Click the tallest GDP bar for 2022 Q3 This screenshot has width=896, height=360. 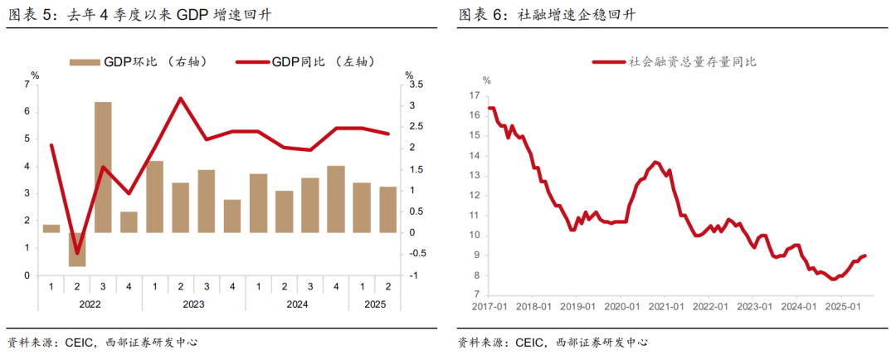tap(103, 166)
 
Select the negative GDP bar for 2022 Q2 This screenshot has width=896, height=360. tap(77, 249)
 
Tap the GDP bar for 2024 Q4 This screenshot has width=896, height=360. tap(336, 199)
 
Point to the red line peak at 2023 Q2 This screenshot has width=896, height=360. tap(180, 98)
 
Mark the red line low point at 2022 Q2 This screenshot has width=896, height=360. tap(77, 254)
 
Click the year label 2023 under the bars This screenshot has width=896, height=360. tap(193, 304)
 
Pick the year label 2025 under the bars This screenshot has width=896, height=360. tap(374, 304)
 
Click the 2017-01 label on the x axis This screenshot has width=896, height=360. tap(489, 306)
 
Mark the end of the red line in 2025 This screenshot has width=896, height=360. tap(866, 255)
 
